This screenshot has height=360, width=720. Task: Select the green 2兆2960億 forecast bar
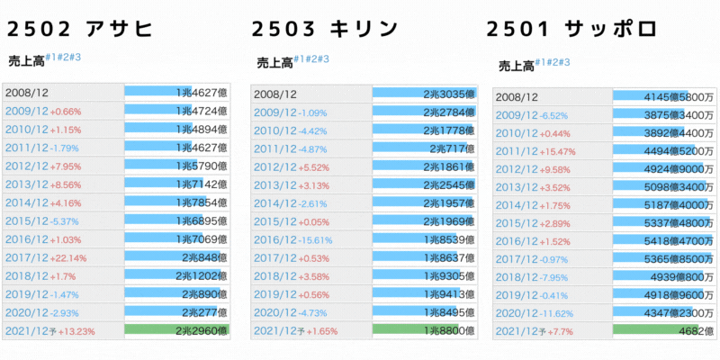(x=176, y=330)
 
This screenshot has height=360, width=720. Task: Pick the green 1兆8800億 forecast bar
(x=423, y=331)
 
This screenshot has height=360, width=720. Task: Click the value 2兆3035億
(x=447, y=94)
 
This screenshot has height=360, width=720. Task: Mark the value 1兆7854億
(x=202, y=202)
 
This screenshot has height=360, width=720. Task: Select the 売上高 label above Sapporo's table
(x=516, y=66)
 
